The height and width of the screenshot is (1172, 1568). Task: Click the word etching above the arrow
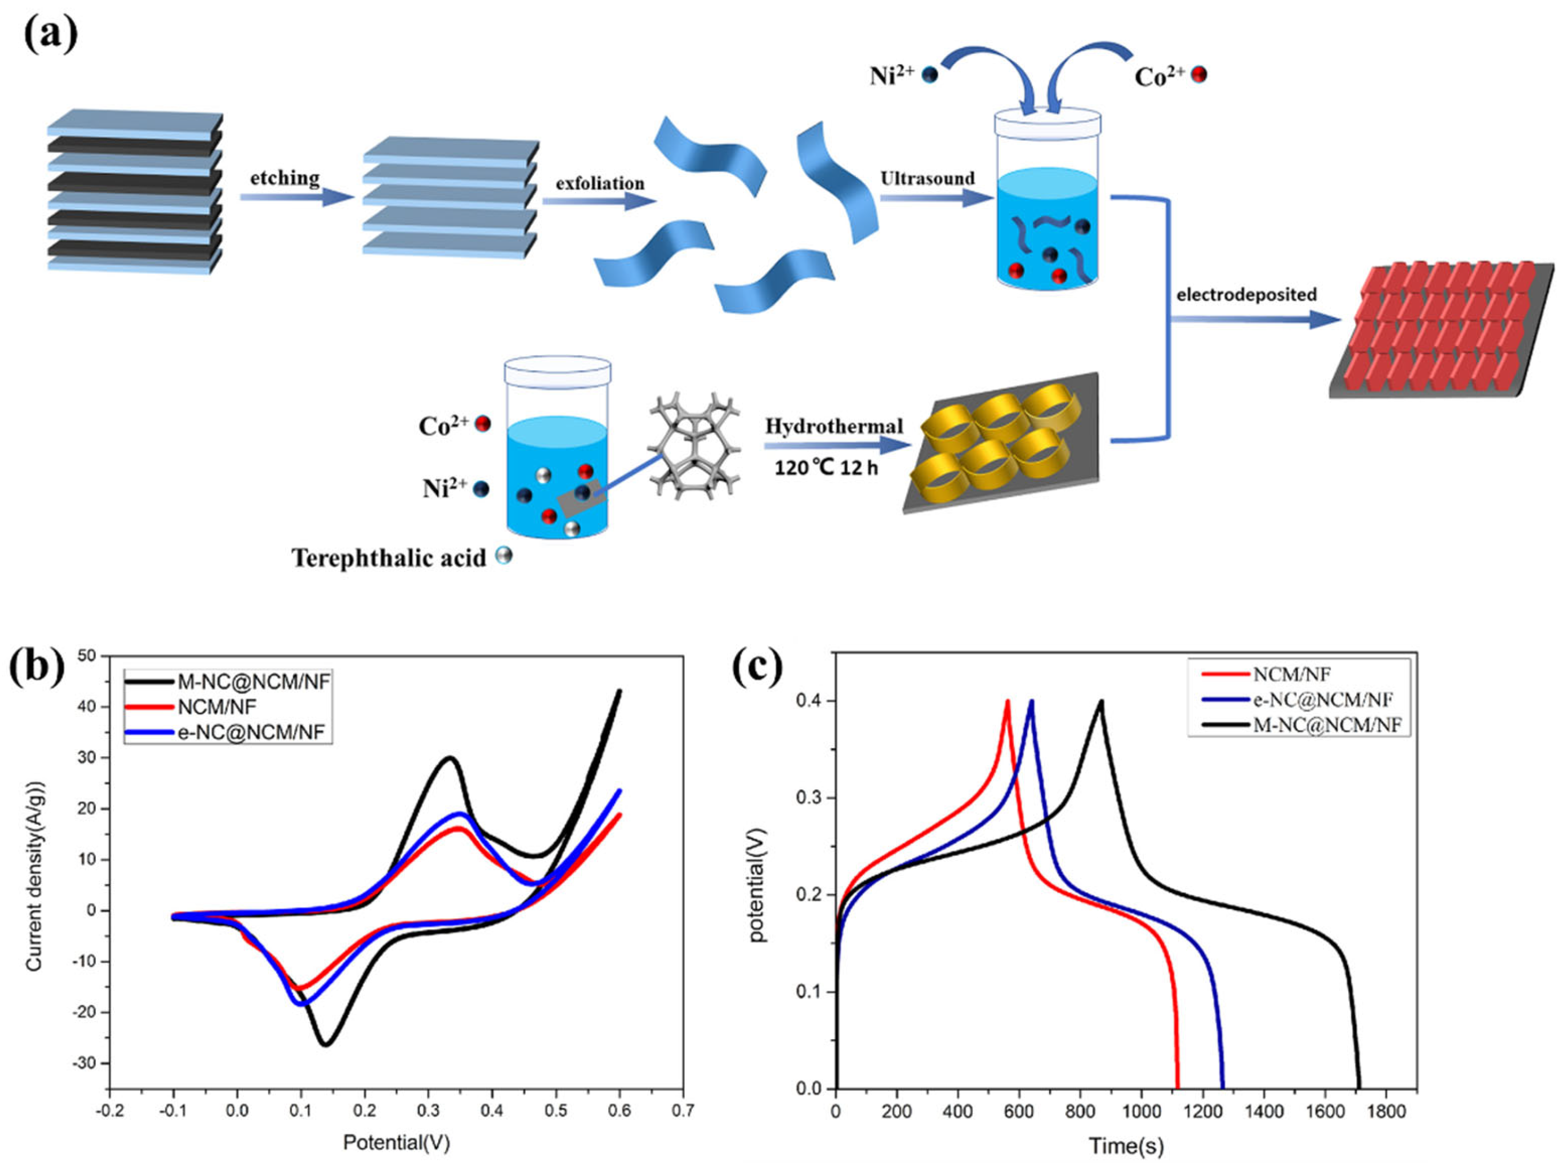click(x=284, y=178)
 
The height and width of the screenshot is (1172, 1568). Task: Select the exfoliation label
click(x=600, y=184)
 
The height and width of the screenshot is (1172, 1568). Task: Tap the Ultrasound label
click(x=927, y=179)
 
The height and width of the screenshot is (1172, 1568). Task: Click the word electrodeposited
click(x=1246, y=294)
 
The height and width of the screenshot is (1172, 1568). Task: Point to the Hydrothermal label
click(x=833, y=426)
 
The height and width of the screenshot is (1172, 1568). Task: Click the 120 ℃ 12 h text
click(x=826, y=468)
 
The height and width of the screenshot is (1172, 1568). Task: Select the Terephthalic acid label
click(x=389, y=559)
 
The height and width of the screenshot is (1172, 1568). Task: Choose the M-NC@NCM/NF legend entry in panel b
click(x=254, y=681)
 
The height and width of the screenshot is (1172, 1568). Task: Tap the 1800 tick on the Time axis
click(x=1385, y=1111)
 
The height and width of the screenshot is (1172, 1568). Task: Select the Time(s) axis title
click(x=1126, y=1146)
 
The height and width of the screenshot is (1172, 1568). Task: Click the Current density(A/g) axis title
click(x=35, y=877)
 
